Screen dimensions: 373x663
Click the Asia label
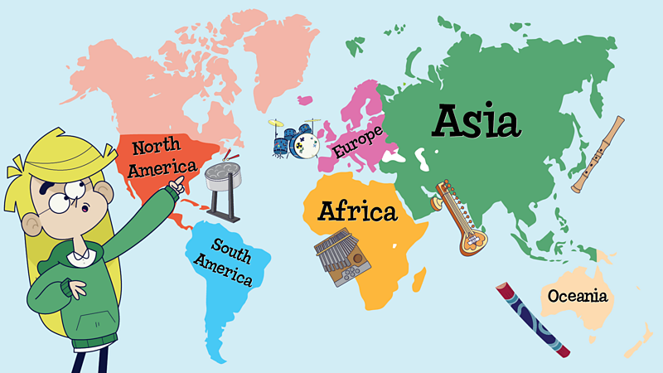tap(477, 121)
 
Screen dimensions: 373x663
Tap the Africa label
tap(357, 212)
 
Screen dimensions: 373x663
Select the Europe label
tap(358, 142)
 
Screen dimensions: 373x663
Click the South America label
tap(223, 261)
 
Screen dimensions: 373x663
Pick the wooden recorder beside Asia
tap(598, 154)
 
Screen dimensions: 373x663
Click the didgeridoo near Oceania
tap(532, 320)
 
